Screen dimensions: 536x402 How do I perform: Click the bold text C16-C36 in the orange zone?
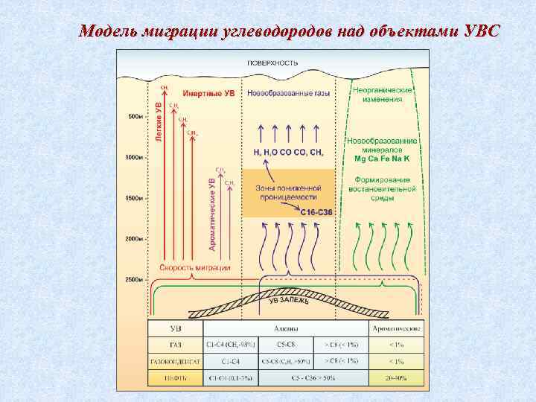point(316,212)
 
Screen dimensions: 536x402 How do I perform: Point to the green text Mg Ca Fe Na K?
point(382,159)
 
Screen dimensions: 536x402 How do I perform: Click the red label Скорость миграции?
point(196,267)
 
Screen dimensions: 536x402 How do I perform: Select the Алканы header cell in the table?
point(284,328)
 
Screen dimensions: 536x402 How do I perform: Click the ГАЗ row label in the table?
point(176,345)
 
